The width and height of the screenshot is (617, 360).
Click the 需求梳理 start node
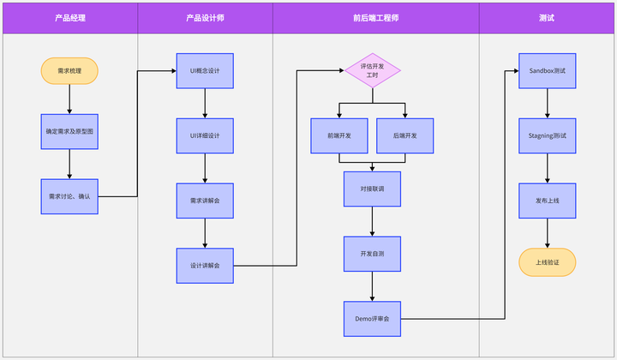click(x=69, y=70)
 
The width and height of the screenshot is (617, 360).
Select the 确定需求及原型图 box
click(x=69, y=132)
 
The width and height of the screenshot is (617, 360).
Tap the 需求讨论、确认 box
click(x=69, y=196)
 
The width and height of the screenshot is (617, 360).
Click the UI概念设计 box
click(x=205, y=70)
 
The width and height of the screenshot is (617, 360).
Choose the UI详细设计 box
click(x=205, y=135)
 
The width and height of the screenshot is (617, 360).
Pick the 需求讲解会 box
click(x=205, y=201)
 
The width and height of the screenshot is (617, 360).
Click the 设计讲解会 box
click(x=205, y=266)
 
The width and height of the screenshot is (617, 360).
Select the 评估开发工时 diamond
click(x=372, y=70)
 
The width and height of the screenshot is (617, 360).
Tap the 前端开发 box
click(x=339, y=135)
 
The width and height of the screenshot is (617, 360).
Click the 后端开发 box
click(x=405, y=135)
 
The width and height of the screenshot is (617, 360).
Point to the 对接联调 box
click(x=372, y=189)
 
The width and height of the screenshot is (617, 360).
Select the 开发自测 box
click(x=372, y=254)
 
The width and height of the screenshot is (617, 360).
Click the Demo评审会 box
click(x=372, y=319)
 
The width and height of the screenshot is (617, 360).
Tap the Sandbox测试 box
click(x=548, y=70)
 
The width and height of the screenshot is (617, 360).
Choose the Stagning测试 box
click(x=548, y=135)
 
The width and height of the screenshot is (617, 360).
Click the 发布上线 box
click(x=548, y=201)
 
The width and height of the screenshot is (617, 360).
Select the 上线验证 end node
click(x=548, y=262)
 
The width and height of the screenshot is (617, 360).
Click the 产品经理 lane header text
click(x=69, y=17)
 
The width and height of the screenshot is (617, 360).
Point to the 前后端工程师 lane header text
click(x=375, y=17)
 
